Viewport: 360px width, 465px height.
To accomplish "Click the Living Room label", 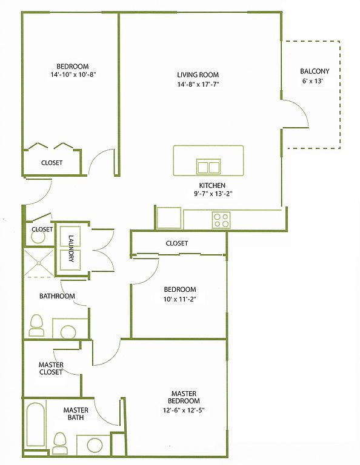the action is pos(198,74).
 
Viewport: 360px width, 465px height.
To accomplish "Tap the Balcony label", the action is pos(315,71).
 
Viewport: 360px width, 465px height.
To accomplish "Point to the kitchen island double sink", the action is pos(208,167).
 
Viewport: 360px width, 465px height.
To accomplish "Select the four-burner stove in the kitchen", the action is pos(221,220).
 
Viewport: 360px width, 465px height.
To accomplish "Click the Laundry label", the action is pos(72,248).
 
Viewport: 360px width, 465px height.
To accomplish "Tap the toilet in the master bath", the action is pos(60,443).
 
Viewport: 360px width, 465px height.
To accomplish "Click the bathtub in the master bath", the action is pos(35,424).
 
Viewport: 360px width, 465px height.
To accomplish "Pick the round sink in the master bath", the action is pos(95,445).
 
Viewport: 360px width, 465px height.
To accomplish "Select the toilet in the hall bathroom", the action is pos(37,325).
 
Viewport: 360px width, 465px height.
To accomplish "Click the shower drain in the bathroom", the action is pos(39,263).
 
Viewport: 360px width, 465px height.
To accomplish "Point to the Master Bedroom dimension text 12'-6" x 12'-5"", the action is pos(184,411).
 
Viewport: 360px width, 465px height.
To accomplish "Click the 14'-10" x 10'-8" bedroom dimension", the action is pos(73,74).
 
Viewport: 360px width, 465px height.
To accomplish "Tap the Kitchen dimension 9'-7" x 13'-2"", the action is pos(212,194).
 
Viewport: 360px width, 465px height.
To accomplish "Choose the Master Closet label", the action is pos(51,368).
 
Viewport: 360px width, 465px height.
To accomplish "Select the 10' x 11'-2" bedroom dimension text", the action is pos(180,299).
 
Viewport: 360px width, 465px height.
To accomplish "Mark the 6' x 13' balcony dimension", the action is pos(313,81).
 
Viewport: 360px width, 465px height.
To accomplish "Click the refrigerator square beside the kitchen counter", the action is pos(169,218).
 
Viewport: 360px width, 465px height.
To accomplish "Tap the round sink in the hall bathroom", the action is pos(68,332).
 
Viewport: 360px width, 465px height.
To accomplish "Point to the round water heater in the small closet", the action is pos(38,237).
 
